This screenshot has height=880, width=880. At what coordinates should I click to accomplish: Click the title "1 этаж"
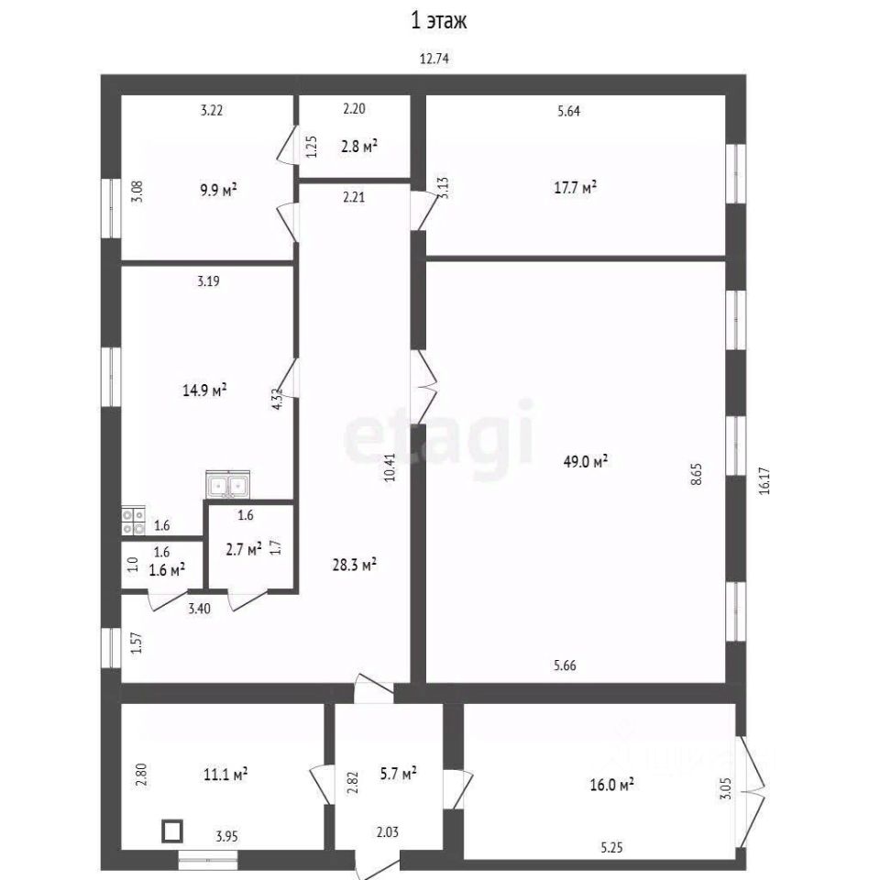tap(439, 21)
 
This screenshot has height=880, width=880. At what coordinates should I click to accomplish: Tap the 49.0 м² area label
tap(586, 461)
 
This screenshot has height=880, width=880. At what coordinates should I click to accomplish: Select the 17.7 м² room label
tap(575, 187)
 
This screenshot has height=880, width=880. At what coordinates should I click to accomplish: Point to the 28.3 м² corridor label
tap(354, 564)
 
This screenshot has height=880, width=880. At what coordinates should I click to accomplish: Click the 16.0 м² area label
tap(611, 784)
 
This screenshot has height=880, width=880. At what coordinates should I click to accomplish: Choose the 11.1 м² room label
tap(225, 775)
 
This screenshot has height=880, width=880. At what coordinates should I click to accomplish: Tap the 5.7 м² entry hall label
tap(398, 774)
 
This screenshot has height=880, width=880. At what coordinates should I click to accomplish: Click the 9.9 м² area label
tap(218, 190)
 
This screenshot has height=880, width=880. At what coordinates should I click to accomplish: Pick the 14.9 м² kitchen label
tap(204, 390)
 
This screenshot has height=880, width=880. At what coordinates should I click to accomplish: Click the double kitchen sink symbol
tap(228, 484)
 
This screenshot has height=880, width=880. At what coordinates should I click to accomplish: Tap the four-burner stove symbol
tap(134, 521)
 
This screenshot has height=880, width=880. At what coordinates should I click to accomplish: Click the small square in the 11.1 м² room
tap(172, 831)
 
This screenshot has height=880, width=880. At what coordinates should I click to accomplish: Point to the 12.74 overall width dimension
tap(434, 59)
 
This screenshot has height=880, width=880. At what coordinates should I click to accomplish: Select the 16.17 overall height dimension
tap(764, 481)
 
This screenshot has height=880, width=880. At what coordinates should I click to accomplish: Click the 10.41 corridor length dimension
tap(390, 467)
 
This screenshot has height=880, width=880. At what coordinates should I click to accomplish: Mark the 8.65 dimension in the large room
tap(697, 474)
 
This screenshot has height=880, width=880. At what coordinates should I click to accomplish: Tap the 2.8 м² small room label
tap(359, 147)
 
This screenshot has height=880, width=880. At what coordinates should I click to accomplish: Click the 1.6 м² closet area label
tap(167, 570)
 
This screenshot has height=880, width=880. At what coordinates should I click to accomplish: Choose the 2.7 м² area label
tap(244, 549)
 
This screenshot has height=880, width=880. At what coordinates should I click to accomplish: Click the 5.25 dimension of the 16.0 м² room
tap(611, 847)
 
